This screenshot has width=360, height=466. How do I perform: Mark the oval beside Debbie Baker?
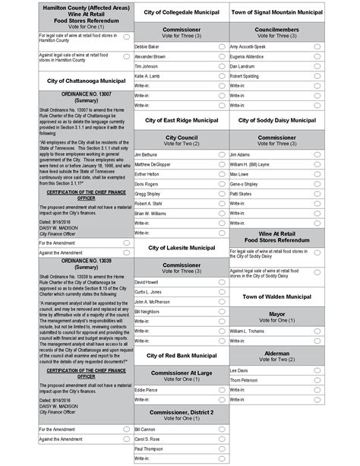pyautogui.click(x=221, y=47)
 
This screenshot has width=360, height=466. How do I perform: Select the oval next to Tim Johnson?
pyautogui.click(x=221, y=67)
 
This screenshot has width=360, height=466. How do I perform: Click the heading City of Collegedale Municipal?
pyautogui.click(x=181, y=13)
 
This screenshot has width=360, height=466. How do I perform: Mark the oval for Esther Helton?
pyautogui.click(x=221, y=174)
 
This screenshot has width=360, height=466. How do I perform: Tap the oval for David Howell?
pyautogui.click(x=221, y=282)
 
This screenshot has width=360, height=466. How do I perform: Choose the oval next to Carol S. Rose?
pyautogui.click(x=221, y=439)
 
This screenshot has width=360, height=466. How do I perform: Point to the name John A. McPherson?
pyautogui.click(x=154, y=302)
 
